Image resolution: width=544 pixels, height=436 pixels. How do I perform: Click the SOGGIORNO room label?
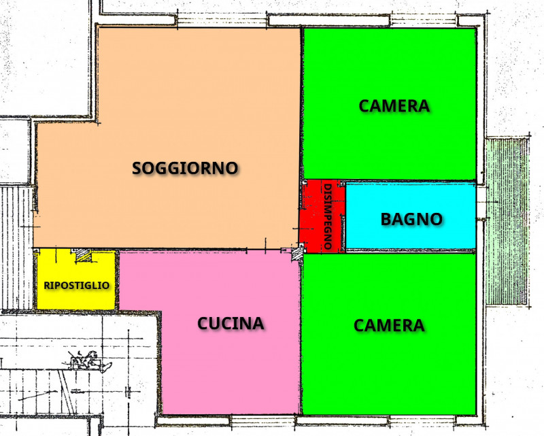tap(185, 167)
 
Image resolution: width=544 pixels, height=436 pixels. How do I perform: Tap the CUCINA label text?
tap(231, 323)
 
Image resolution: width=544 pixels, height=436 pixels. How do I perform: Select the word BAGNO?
tap(411, 219)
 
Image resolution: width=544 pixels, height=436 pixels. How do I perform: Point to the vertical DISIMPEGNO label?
tap(328, 217)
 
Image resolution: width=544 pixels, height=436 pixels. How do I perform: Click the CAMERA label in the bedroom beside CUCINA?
tap(389, 326)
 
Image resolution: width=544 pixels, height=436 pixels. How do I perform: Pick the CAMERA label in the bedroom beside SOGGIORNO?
tap(394, 106)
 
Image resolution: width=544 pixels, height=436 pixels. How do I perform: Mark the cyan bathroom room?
tap(411, 235)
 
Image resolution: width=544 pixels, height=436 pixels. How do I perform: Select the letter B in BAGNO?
tap(386, 219)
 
